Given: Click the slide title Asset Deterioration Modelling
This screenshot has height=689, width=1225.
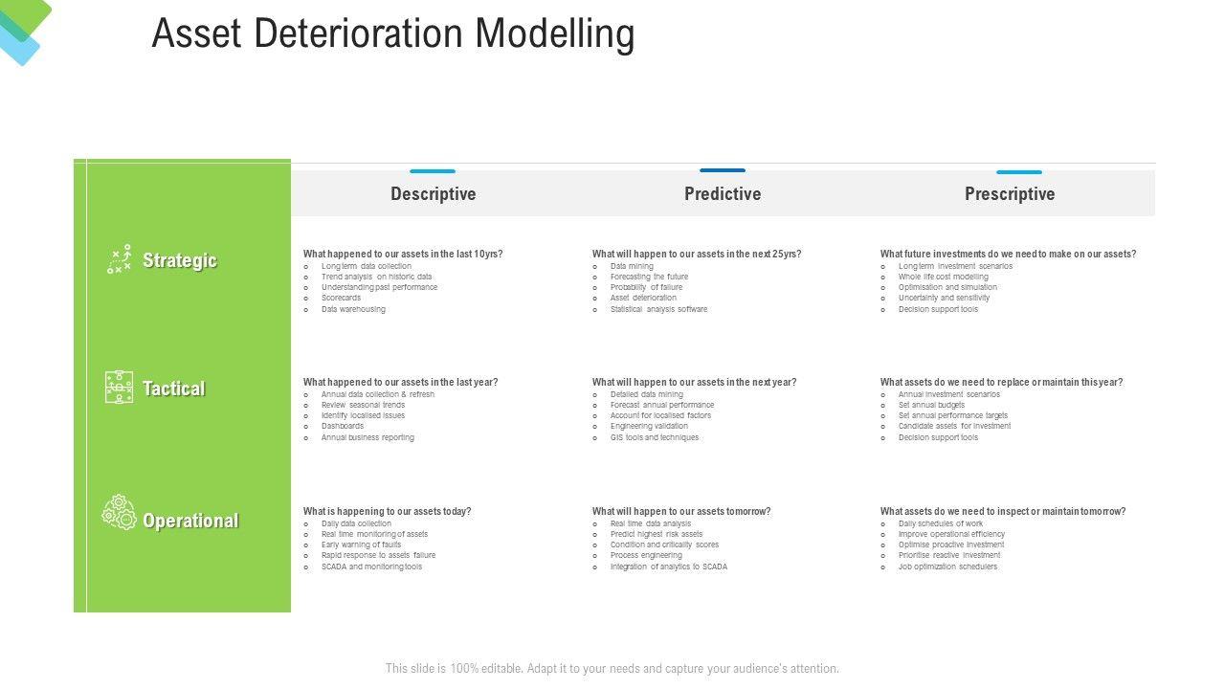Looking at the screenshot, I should coord(392,34).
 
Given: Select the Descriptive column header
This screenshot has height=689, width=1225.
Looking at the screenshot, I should coord(433,194).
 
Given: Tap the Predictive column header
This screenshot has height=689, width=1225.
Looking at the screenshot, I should coord(723,194).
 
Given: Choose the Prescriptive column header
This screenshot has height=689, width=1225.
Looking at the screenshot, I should coord(1010,194).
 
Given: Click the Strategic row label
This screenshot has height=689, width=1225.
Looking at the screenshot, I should coord(179,260).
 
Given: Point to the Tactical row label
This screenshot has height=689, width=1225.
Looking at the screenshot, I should coord(173,389).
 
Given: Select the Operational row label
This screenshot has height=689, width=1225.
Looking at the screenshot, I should coord(190,521).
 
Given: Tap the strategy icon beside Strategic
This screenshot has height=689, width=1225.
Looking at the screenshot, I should coord(120,259).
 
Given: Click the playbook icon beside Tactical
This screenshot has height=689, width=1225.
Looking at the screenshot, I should coord(120,388).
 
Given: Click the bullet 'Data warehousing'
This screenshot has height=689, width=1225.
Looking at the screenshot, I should coord(353,309).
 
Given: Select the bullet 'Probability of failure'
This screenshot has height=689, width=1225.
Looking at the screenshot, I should coord(646,287).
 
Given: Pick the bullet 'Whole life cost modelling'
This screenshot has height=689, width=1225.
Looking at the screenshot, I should coord(943,277).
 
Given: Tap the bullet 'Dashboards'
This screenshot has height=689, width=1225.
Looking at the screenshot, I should coord(343,426).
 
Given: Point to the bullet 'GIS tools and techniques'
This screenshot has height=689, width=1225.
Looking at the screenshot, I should coord(655,437).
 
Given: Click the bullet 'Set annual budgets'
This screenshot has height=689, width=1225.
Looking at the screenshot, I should coord(931,405).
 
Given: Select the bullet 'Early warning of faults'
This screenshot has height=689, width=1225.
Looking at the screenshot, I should coord(361,545).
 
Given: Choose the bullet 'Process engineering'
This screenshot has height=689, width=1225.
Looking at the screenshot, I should coord(646,555).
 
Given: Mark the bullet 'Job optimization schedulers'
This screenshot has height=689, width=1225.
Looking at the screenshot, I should coord(947,567).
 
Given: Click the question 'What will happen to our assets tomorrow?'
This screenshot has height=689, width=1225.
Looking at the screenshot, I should coord(680,511).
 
